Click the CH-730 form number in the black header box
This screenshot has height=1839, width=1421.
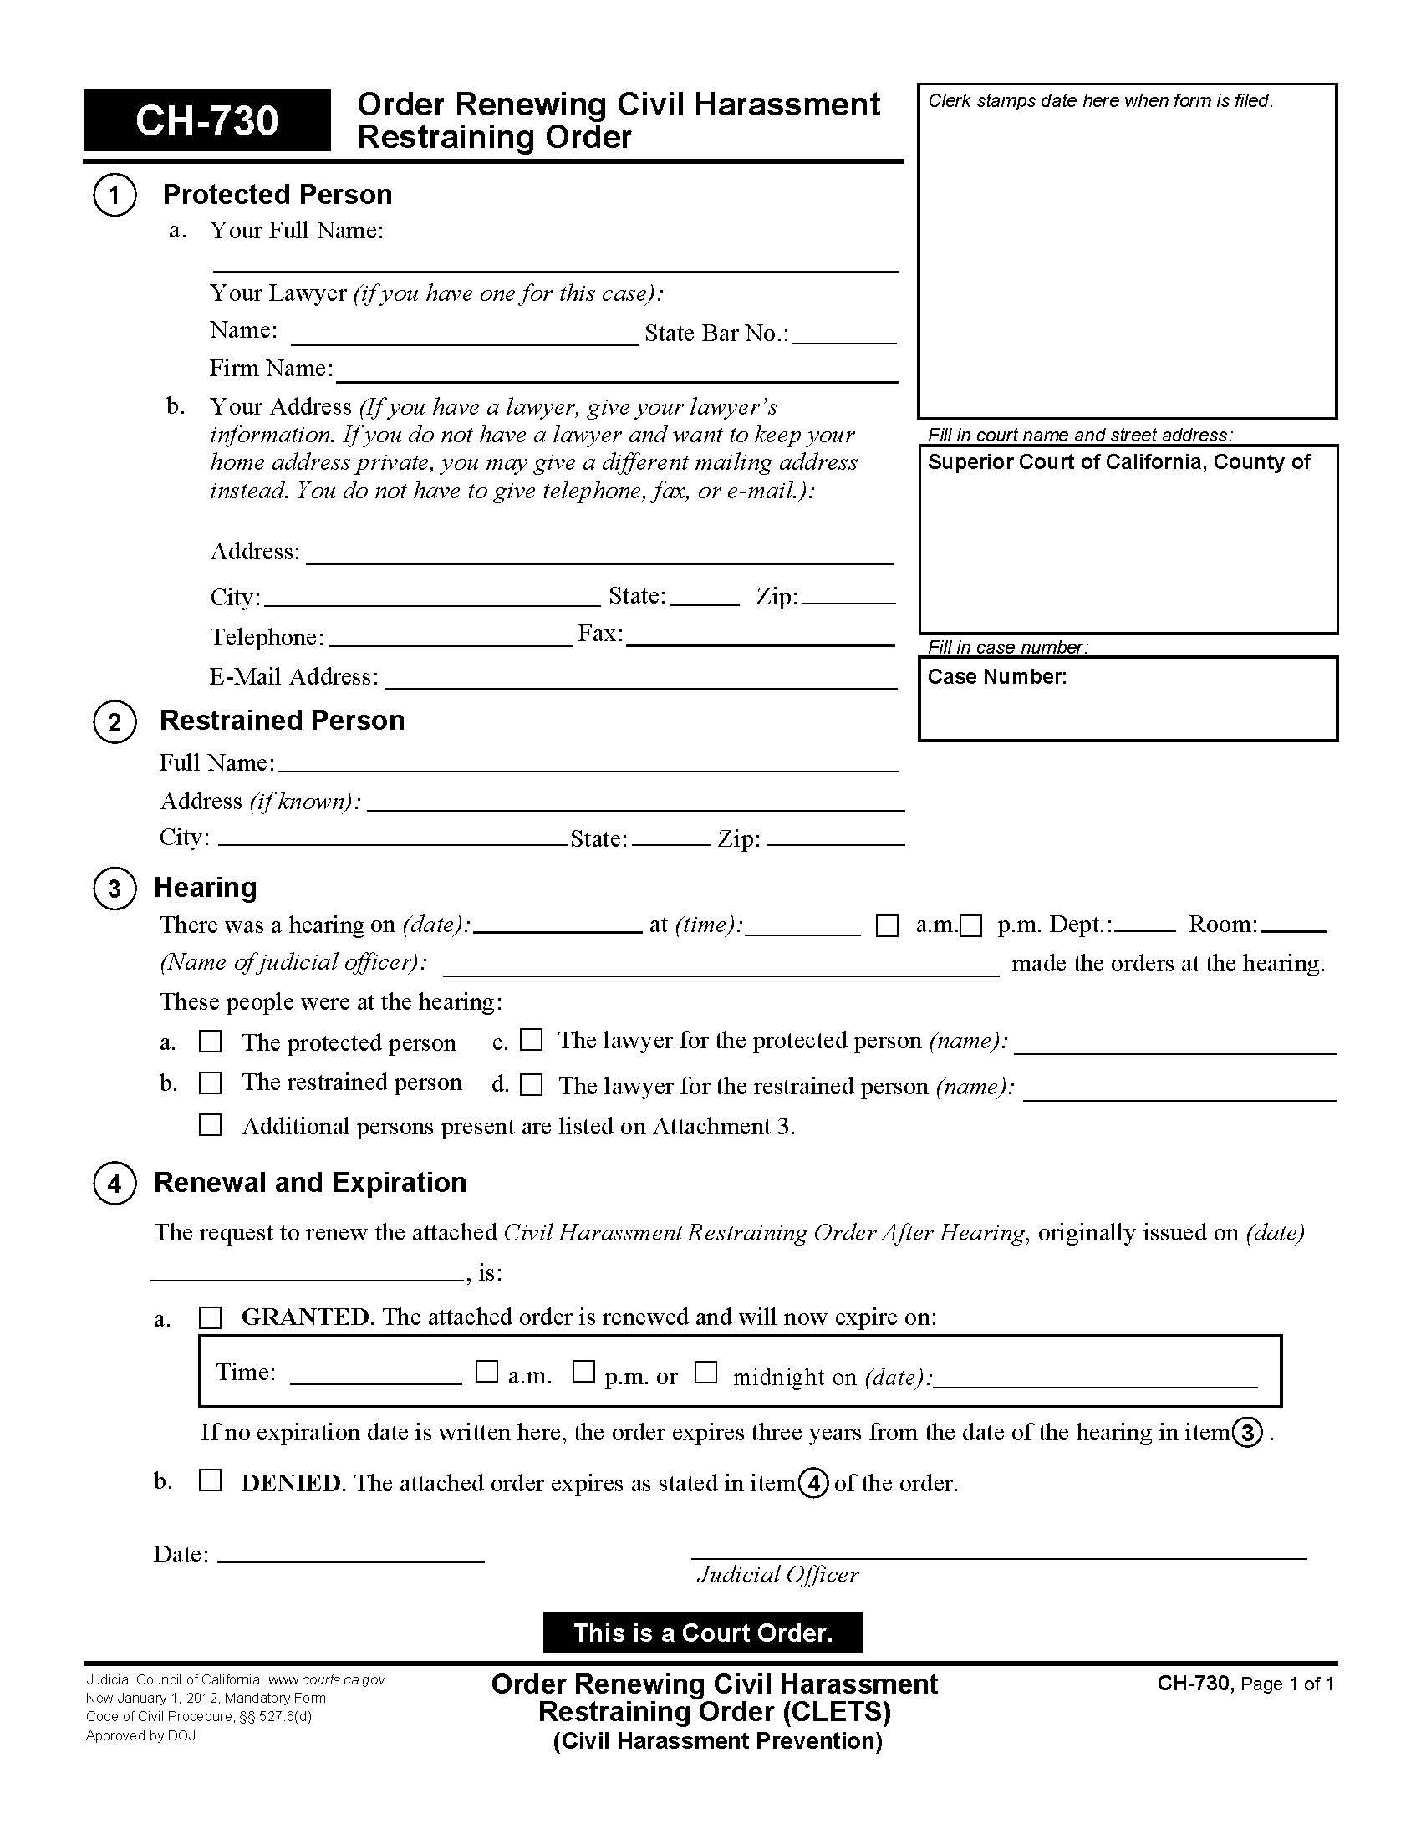(x=206, y=120)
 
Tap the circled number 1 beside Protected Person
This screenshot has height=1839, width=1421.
(x=115, y=196)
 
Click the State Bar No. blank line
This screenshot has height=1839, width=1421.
(x=843, y=335)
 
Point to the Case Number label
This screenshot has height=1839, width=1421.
(x=996, y=677)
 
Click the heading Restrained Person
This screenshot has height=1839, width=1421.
(x=282, y=721)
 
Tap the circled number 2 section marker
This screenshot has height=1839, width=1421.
(x=115, y=722)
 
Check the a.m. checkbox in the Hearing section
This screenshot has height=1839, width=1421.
(x=886, y=926)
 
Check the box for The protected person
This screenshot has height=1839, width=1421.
(x=210, y=1042)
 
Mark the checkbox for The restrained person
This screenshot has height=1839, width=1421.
(x=210, y=1083)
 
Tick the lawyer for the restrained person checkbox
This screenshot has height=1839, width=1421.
(x=530, y=1084)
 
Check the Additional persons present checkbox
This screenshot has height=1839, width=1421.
(x=210, y=1125)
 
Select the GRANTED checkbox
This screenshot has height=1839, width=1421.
(x=210, y=1317)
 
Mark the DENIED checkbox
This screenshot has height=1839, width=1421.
(x=210, y=1480)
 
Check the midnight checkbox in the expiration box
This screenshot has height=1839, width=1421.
(x=705, y=1373)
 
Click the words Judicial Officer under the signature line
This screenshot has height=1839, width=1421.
(x=777, y=1576)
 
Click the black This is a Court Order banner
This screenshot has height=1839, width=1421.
(x=703, y=1633)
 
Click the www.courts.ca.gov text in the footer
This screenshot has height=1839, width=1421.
(x=327, y=1680)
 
